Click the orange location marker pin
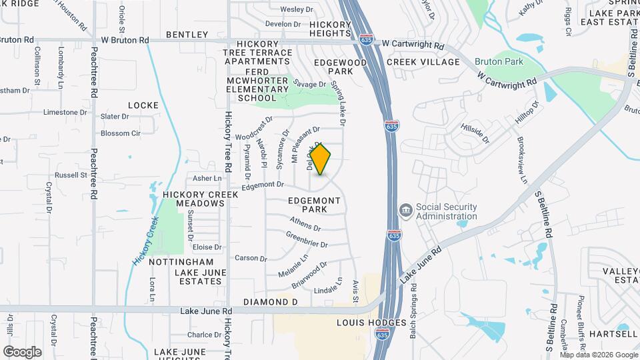tap(321, 159)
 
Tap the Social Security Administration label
tap(447, 211)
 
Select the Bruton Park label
tap(499, 61)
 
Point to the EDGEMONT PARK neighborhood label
tap(315, 205)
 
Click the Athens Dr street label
tap(305, 221)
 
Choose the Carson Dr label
tap(251, 258)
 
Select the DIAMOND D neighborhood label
tap(270, 302)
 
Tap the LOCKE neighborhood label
tap(143, 105)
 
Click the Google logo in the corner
tap(22, 351)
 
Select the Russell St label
tap(71, 175)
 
